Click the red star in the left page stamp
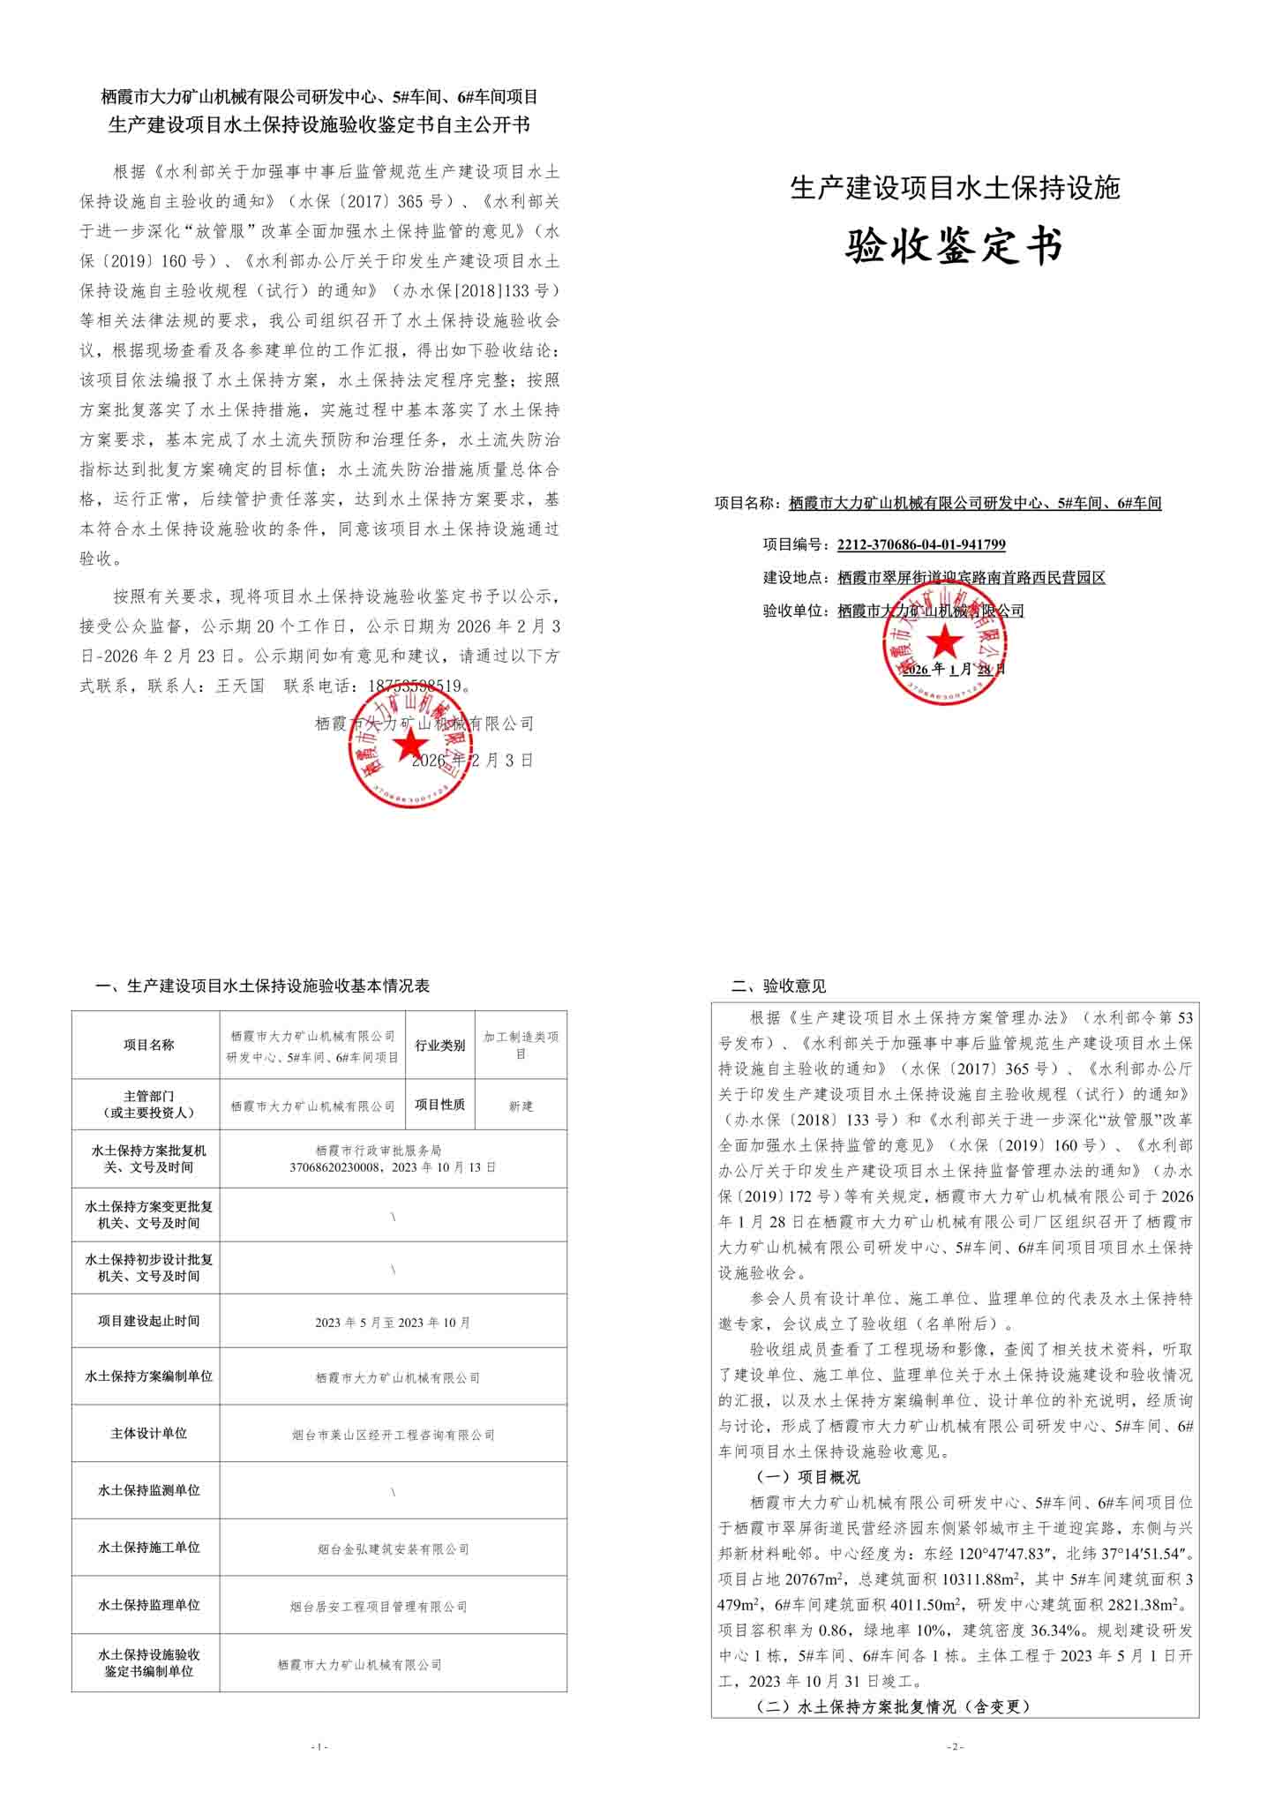tap(409, 746)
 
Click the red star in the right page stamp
tap(945, 641)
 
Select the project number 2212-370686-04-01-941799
tap(921, 544)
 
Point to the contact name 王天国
tap(240, 686)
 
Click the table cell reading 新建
tap(521, 1106)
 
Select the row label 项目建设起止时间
tap(148, 1321)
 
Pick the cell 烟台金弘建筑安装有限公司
tap(393, 1548)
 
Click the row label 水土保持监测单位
tap(148, 1490)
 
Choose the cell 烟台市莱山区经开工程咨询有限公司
tap(393, 1435)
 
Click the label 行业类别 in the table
tap(439, 1045)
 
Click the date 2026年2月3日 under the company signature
tap(473, 761)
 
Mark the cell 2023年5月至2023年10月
tap(393, 1323)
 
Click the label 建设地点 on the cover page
tap(795, 578)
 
